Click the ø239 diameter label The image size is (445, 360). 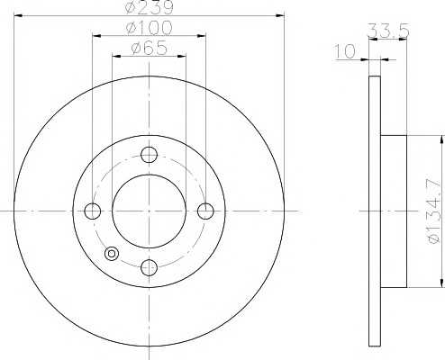click(x=150, y=6)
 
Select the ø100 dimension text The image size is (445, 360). click(x=150, y=27)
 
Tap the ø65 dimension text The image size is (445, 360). click(x=149, y=48)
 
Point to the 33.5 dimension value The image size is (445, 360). click(x=388, y=31)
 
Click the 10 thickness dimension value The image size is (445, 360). click(x=345, y=51)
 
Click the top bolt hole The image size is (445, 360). click(x=149, y=155)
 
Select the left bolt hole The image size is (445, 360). click(x=92, y=211)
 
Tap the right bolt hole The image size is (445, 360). click(x=205, y=211)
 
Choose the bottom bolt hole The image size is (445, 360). click(x=149, y=267)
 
